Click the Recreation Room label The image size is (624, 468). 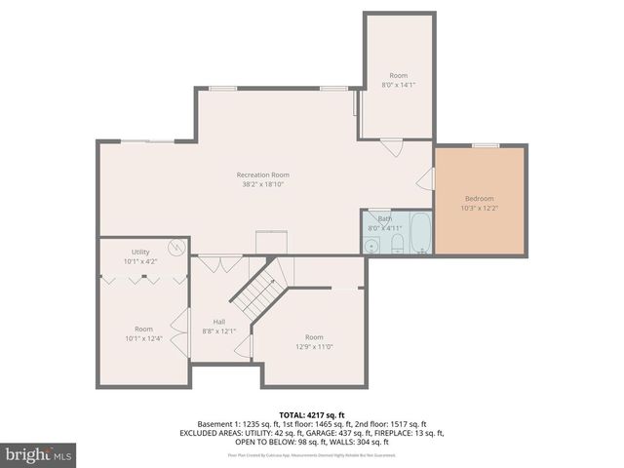click(263, 175)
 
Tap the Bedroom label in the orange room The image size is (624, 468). click(478, 198)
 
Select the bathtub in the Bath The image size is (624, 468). click(420, 234)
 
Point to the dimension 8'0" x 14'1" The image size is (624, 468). click(398, 85)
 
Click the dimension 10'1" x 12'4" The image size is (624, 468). click(143, 338)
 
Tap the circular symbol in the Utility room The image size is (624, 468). click(175, 249)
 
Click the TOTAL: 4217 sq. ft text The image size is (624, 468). click(312, 415)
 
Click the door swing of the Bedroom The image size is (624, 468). click(425, 178)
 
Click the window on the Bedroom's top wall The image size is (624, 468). click(486, 146)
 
